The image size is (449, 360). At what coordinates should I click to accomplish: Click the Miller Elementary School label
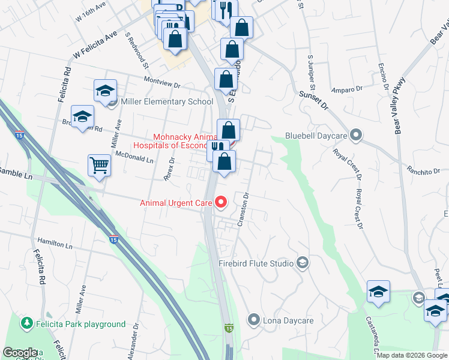(167, 101)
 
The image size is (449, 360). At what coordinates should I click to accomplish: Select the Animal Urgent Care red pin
(220, 202)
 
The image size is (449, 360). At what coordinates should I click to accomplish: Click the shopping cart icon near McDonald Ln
(99, 165)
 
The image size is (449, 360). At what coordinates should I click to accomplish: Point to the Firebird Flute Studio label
(256, 263)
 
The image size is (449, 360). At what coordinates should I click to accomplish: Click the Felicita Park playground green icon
(26, 324)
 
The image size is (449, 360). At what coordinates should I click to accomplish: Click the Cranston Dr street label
(243, 209)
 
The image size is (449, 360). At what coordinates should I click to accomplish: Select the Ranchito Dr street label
(423, 171)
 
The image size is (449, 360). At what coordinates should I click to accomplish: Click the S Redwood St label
(137, 47)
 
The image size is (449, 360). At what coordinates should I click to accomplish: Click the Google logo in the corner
(20, 353)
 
